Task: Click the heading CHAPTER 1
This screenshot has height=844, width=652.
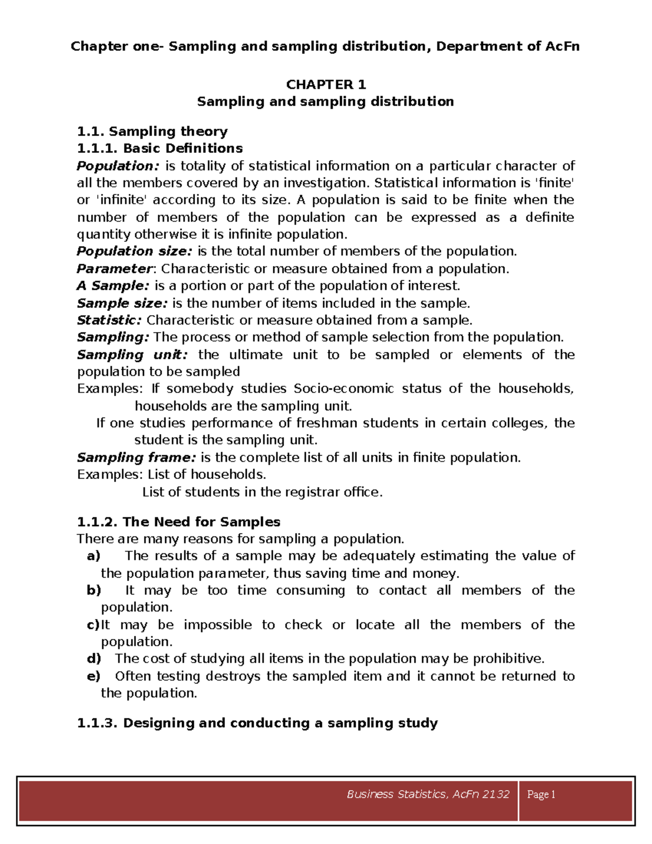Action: [x=326, y=84]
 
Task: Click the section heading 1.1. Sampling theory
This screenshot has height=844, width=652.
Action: [x=152, y=132]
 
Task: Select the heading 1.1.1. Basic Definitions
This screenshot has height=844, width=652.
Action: [x=160, y=148]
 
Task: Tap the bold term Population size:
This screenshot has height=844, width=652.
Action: [x=134, y=251]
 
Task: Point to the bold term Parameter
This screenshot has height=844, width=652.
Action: [x=115, y=268]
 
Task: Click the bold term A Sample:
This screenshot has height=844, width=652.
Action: [x=112, y=286]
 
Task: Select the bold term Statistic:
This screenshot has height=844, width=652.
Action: [x=109, y=320]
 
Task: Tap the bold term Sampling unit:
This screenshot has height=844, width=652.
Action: [x=132, y=355]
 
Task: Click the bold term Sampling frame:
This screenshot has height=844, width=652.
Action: [x=136, y=458]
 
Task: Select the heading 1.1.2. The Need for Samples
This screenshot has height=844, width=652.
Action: [x=179, y=522]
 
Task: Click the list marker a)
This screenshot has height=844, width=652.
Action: [x=93, y=556]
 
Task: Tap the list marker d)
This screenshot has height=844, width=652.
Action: [x=94, y=659]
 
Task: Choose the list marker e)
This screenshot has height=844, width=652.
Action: [x=93, y=676]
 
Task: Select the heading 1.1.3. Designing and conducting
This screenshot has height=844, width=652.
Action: [x=257, y=723]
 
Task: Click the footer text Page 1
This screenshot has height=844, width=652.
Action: [x=541, y=795]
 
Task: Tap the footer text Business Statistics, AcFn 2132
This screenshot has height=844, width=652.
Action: [x=428, y=795]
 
